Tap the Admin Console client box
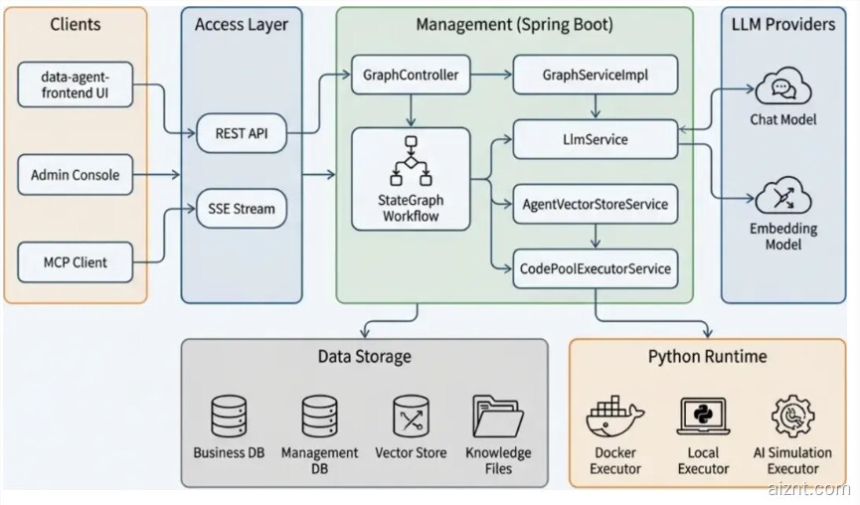[75, 175]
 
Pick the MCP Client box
[75, 262]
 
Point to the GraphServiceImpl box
[595, 75]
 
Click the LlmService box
[595, 140]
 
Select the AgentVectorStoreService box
[595, 205]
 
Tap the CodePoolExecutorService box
[595, 268]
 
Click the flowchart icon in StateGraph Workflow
[410, 159]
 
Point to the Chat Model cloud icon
[782, 89]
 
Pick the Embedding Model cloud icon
[782, 197]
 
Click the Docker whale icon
[614, 418]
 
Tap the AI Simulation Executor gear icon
[792, 417]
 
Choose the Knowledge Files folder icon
[497, 417]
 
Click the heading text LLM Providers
[782, 24]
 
